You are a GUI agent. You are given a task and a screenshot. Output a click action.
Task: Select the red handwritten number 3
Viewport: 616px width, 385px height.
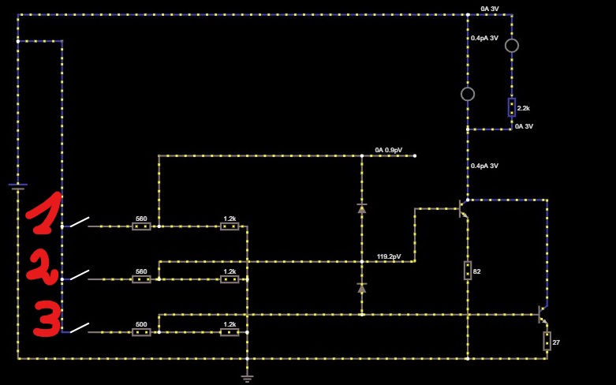[x=47, y=318]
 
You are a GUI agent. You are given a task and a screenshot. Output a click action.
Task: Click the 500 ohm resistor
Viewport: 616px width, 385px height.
[x=141, y=332]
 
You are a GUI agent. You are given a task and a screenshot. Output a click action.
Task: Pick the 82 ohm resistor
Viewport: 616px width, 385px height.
[x=468, y=271]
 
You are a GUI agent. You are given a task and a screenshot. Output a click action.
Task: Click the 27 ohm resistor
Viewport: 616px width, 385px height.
[x=547, y=341]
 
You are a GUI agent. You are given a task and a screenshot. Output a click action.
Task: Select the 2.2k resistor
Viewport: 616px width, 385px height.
[x=512, y=107]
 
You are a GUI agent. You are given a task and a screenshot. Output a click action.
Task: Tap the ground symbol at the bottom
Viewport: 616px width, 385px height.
[x=247, y=379]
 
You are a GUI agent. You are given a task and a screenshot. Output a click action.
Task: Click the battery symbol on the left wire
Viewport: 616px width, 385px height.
[x=18, y=186]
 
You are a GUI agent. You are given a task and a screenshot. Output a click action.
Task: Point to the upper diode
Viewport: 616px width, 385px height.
[x=362, y=208]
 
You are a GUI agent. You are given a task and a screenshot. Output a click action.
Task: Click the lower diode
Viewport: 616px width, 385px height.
[x=362, y=288]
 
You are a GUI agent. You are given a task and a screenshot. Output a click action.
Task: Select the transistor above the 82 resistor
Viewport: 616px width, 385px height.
[x=464, y=208]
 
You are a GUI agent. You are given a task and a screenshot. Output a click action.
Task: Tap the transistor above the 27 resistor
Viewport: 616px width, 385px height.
[x=543, y=314]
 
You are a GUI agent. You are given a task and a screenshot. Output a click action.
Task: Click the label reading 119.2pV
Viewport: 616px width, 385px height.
[x=389, y=256]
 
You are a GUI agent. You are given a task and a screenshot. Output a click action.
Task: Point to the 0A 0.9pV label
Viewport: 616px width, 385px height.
[x=389, y=150]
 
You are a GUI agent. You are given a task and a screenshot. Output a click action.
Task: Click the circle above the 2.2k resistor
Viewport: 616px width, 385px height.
[x=512, y=46]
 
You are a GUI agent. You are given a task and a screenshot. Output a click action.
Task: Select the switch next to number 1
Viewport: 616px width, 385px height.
[x=80, y=222]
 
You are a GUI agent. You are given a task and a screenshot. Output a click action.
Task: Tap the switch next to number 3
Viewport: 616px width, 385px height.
[x=80, y=328]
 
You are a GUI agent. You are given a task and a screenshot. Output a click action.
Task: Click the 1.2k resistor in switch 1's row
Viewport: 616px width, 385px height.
[x=230, y=226]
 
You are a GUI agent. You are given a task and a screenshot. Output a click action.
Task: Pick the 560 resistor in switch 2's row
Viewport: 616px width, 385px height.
[x=141, y=279]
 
